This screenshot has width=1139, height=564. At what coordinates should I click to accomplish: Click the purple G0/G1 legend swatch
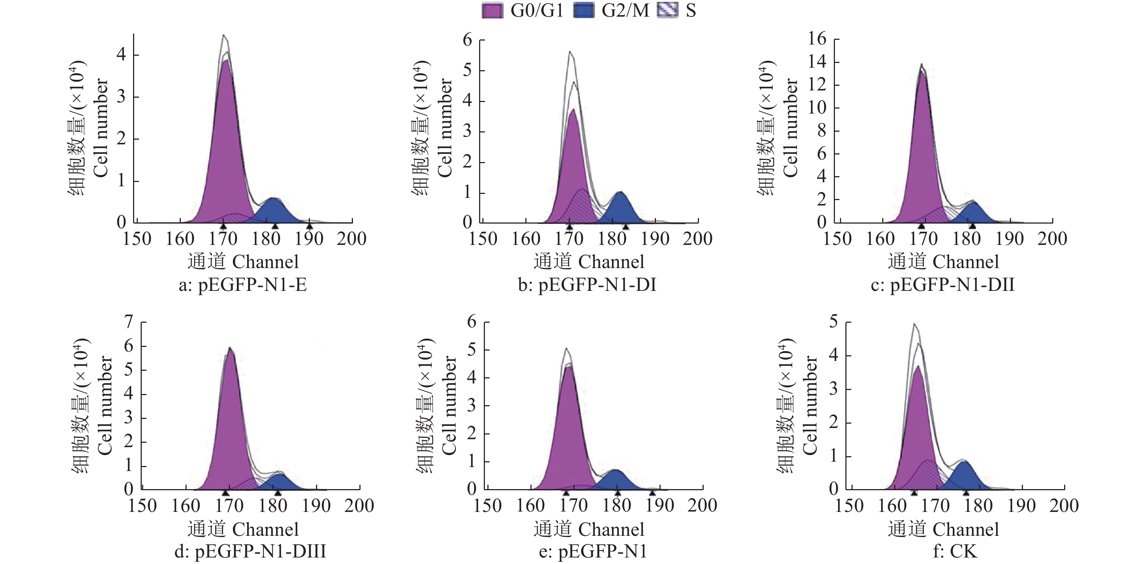point(492,10)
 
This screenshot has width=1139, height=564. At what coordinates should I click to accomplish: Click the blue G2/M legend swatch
point(584,10)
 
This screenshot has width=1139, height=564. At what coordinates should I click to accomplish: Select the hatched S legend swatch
point(667,10)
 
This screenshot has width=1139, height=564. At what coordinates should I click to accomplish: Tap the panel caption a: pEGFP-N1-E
point(242,285)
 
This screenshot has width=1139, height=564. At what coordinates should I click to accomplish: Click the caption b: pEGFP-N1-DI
point(587,285)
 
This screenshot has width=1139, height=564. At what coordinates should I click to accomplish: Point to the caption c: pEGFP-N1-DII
point(942,285)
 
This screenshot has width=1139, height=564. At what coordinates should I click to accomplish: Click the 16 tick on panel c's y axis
point(817,39)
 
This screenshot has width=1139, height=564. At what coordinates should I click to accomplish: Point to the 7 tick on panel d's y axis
point(129,322)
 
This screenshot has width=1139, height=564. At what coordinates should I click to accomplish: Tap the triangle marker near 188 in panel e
point(652,492)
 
